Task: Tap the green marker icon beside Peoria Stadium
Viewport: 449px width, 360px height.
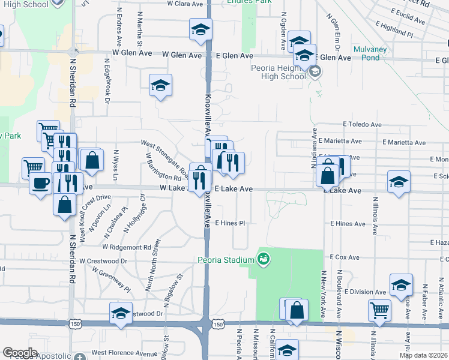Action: pyautogui.click(x=262, y=260)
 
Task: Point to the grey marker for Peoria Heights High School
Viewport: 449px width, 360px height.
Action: pyautogui.click(x=315, y=73)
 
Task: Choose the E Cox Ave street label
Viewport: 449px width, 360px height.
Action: pyautogui.click(x=344, y=257)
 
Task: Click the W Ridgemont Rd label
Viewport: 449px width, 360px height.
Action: pyautogui.click(x=126, y=247)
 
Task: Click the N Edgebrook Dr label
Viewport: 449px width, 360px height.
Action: pyautogui.click(x=107, y=81)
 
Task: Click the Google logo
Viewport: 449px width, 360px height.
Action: pyautogui.click(x=20, y=353)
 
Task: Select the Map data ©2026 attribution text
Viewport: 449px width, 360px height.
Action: pyautogui.click(x=423, y=355)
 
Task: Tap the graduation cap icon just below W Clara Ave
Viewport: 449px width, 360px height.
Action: pyautogui.click(x=200, y=29)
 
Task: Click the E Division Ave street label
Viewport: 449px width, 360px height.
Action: pyautogui.click(x=365, y=292)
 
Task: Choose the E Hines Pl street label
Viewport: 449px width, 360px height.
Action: pyautogui.click(x=231, y=223)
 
